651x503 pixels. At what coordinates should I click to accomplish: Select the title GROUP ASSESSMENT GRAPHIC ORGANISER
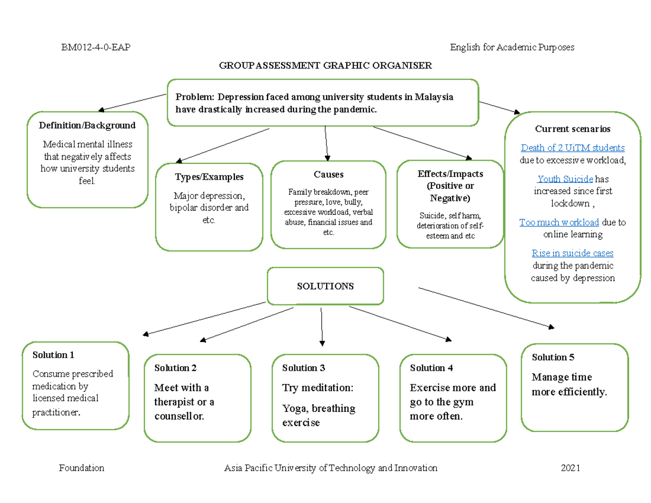tap(325, 66)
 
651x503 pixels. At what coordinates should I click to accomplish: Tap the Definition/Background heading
tap(87, 125)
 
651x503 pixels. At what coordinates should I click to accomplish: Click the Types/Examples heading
tap(209, 177)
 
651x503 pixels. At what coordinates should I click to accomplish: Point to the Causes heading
tap(328, 174)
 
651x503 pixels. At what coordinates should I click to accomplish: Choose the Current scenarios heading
tap(572, 129)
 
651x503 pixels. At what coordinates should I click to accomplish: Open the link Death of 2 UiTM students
tap(572, 148)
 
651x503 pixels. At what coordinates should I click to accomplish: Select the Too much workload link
tap(559, 222)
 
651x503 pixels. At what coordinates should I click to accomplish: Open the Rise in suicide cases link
tap(572, 253)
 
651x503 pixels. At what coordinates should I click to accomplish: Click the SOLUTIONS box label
tap(325, 286)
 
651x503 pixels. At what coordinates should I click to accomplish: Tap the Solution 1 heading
tap(53, 355)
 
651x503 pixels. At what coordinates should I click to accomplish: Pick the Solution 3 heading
tap(303, 368)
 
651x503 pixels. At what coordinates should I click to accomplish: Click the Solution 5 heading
tap(553, 357)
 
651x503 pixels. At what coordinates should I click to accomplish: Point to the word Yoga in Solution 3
tap(293, 409)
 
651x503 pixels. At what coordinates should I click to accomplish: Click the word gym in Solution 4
tap(464, 402)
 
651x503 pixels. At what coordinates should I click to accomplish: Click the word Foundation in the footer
tap(81, 468)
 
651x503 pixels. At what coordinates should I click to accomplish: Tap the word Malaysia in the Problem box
tap(434, 97)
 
